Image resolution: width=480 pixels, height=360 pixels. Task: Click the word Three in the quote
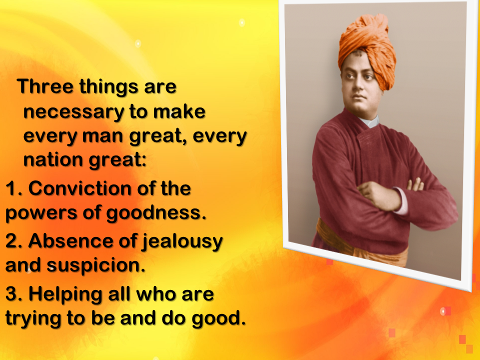tap(45, 86)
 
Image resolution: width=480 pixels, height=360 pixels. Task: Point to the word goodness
tap(156, 213)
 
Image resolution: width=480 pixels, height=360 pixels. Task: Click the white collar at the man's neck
tap(370, 121)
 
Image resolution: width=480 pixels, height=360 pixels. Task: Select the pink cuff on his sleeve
tap(401, 201)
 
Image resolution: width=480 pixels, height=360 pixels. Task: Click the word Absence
tap(70, 241)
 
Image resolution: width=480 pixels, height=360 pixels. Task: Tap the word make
tap(179, 111)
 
